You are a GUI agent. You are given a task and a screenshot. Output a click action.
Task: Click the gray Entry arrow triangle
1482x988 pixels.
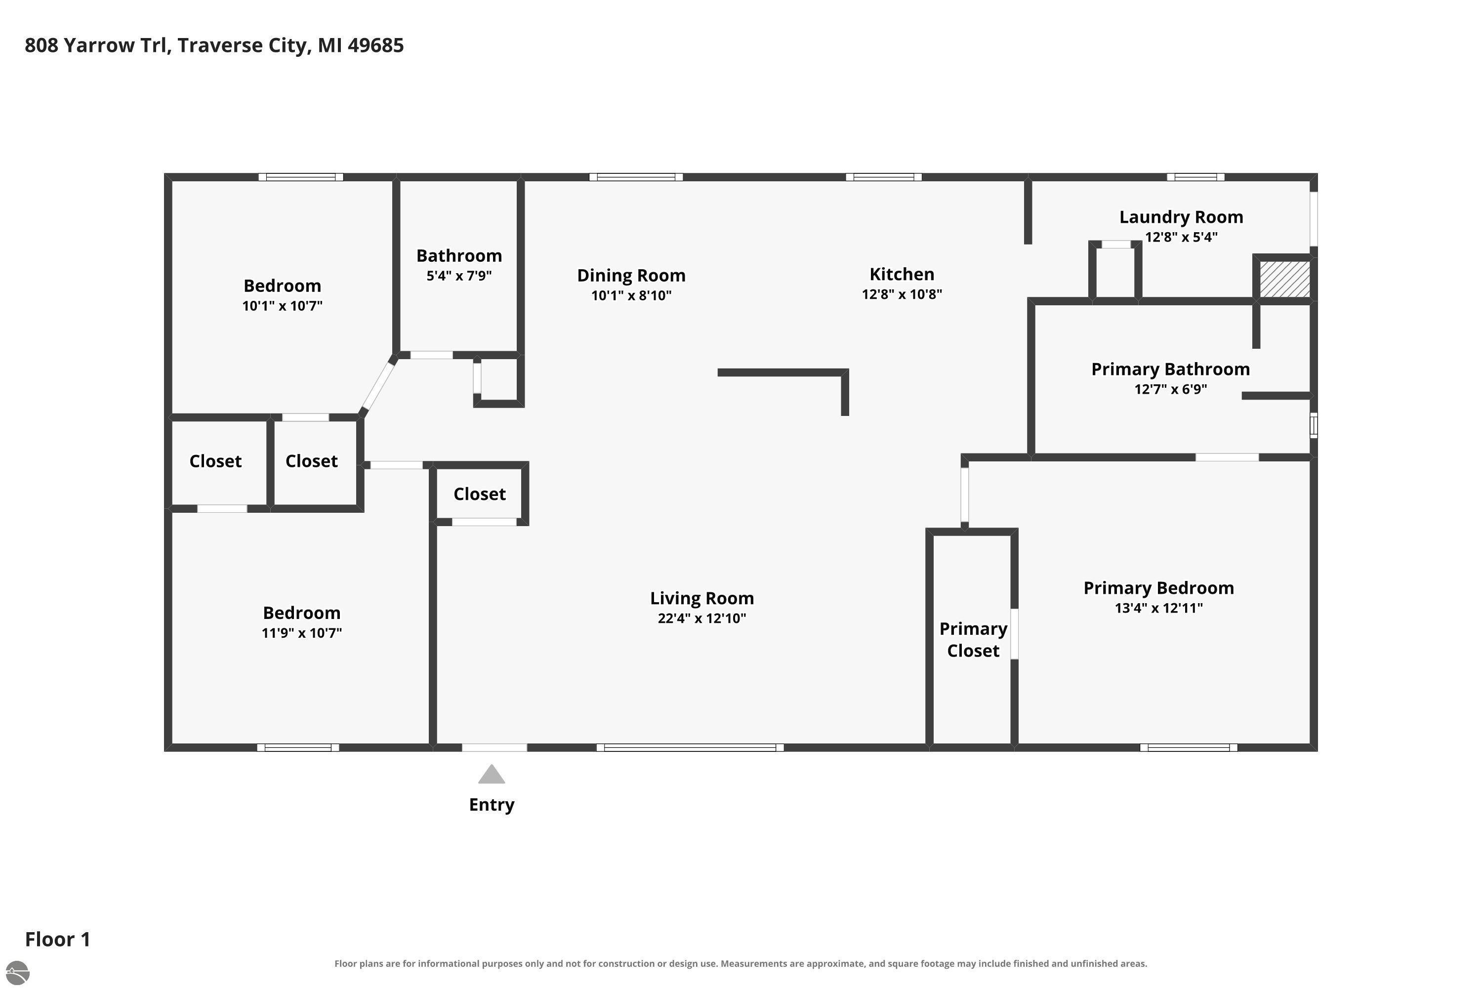point(492,775)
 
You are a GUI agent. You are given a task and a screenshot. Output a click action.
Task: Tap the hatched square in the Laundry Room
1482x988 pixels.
point(1285,279)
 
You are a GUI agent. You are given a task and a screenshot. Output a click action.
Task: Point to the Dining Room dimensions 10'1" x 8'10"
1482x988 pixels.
point(631,295)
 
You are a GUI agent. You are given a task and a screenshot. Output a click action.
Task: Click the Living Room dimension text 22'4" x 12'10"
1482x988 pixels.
point(702,618)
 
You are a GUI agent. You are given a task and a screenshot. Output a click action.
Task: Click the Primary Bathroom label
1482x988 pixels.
point(1171,369)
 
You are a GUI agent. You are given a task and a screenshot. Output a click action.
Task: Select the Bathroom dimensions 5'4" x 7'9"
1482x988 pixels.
point(459,275)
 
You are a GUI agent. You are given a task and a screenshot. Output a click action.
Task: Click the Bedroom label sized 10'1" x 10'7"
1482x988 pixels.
point(282,286)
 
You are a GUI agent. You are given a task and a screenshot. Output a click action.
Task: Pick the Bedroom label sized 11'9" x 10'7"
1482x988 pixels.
point(302,613)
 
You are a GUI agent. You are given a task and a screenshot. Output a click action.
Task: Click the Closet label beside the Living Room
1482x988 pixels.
point(480,494)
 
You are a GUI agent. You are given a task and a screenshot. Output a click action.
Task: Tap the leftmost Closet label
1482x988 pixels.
point(215,461)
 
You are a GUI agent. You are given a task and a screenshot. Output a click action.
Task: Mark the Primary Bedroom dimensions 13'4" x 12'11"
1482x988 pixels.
point(1159,608)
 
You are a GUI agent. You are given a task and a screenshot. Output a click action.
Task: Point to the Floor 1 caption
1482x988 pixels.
point(58,940)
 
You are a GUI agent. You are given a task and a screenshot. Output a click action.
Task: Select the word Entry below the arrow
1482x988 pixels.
point(492,805)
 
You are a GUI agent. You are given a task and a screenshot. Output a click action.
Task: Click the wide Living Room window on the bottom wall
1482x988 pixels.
point(690,748)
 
